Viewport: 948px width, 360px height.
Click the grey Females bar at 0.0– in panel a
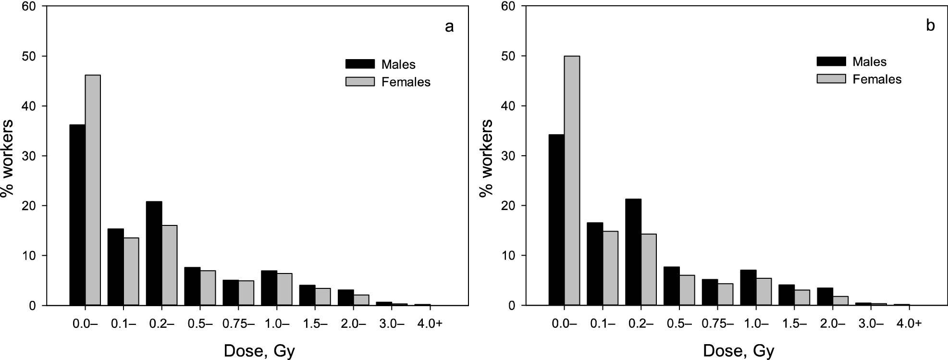click(93, 190)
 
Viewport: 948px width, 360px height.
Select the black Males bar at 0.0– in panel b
click(556, 220)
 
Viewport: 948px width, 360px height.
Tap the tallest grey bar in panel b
click(572, 180)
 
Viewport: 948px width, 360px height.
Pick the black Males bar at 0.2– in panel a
click(154, 253)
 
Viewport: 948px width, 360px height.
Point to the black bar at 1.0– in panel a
click(269, 288)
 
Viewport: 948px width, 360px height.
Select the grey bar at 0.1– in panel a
click(131, 272)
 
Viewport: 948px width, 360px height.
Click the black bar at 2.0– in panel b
click(825, 295)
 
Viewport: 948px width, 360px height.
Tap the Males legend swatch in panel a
click(359, 64)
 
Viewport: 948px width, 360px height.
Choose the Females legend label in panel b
click(877, 79)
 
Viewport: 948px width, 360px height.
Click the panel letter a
click(449, 26)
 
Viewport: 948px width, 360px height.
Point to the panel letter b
click(930, 26)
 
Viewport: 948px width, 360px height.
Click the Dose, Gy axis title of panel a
click(259, 351)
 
